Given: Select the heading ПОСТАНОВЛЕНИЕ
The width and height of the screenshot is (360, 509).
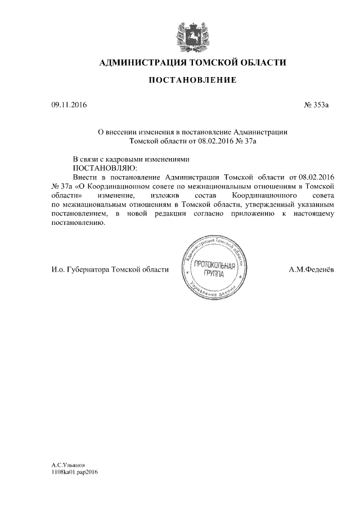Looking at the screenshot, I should click(192, 82).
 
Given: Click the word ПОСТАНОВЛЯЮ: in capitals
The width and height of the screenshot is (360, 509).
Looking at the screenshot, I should click(105, 168).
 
